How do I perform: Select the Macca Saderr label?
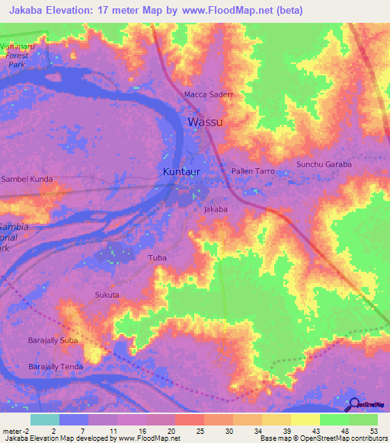(208, 94)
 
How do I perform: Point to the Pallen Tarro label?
(253, 171)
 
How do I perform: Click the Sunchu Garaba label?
(324, 164)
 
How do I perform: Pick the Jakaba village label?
(216, 208)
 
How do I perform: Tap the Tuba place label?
(157, 258)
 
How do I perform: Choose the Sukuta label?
(107, 294)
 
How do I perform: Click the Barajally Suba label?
(53, 339)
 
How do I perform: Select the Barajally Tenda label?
(56, 366)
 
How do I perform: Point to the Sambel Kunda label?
(27, 179)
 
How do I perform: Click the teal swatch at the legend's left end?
(45, 419)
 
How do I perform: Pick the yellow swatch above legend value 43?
(305, 419)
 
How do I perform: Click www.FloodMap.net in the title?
(235, 11)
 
